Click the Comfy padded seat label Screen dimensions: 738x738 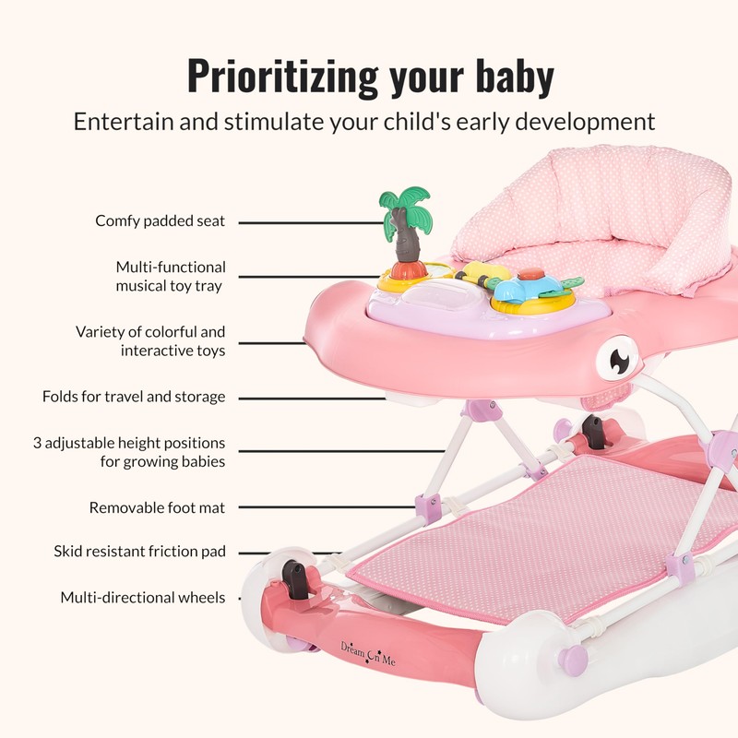click(x=161, y=221)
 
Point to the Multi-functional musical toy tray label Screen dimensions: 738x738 click(x=170, y=277)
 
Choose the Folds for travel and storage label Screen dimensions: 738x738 click(x=134, y=397)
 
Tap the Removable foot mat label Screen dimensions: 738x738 click(x=157, y=507)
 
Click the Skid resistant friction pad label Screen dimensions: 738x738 click(x=139, y=552)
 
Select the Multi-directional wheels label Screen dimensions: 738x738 click(x=143, y=598)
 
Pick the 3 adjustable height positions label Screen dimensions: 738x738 click(x=129, y=452)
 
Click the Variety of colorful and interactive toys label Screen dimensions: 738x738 click(x=150, y=341)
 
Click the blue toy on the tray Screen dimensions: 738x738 click(x=516, y=294)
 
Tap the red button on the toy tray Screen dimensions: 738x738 click(x=530, y=274)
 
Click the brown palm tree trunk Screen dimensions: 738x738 click(x=403, y=242)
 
